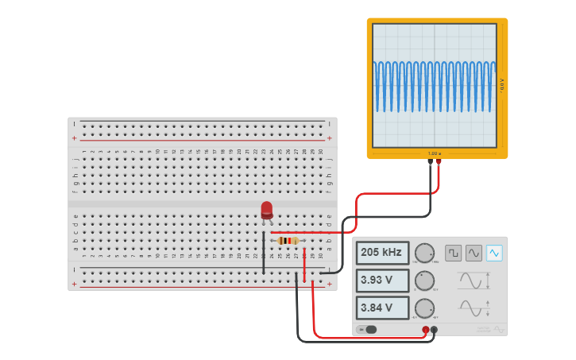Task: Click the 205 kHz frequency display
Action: tap(382, 253)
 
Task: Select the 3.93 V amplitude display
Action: tap(382, 281)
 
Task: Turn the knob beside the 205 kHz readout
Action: tap(425, 254)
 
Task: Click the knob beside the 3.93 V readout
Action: tap(425, 281)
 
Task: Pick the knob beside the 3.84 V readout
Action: tap(425, 308)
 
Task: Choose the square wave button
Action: tap(453, 253)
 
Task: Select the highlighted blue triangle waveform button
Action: tap(494, 253)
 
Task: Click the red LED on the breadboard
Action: tap(267, 210)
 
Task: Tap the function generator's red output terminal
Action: tap(425, 329)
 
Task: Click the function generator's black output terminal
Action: tap(434, 329)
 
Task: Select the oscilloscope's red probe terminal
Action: tap(439, 162)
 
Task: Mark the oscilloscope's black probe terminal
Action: tap(430, 162)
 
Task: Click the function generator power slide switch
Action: tap(367, 329)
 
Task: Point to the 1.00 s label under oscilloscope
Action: tap(434, 153)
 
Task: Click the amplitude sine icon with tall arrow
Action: tap(474, 281)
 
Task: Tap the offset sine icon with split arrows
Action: tap(474, 308)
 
